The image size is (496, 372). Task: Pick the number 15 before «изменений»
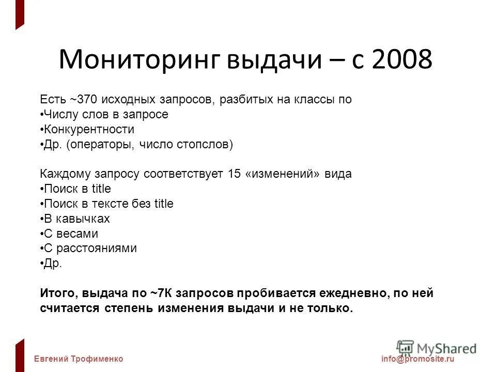[234, 174]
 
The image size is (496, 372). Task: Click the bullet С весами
[70, 234]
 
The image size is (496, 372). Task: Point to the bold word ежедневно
[348, 293]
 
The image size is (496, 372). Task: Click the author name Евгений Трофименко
[79, 359]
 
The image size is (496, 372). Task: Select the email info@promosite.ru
[417, 359]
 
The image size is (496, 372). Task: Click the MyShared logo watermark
[437, 348]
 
